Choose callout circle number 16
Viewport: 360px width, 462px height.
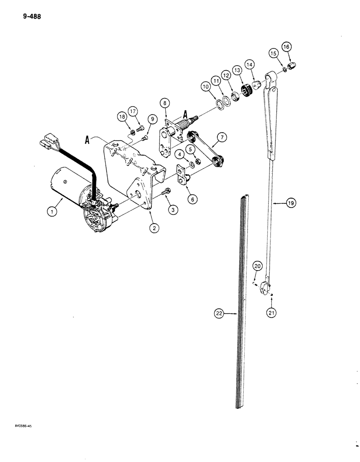click(287, 47)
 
